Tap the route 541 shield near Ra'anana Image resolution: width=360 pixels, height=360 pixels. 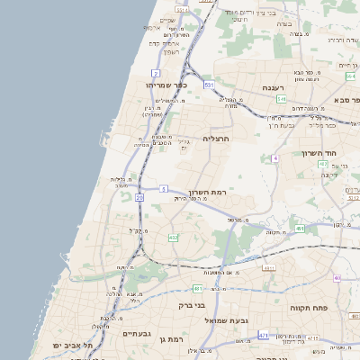click(x=282, y=99)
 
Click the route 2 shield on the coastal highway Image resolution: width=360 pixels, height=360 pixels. click(x=156, y=73)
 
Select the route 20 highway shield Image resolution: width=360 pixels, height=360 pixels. click(x=139, y=196)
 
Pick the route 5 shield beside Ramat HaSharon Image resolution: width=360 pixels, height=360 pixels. click(x=164, y=188)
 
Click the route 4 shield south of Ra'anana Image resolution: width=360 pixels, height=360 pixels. click(x=274, y=157)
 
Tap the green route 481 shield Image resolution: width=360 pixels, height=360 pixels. click(x=197, y=288)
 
